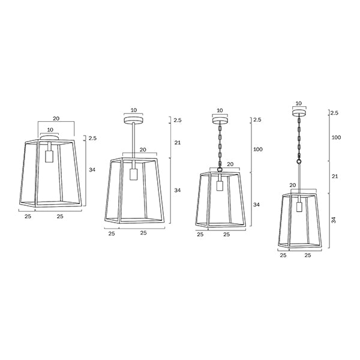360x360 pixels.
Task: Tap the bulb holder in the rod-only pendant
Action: point(134,174)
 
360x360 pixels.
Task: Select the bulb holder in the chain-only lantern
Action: point(220,184)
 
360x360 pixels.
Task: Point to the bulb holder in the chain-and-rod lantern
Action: point(298,208)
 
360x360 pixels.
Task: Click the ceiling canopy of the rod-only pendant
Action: point(133,120)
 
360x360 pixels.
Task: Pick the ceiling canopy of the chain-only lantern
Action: point(220,119)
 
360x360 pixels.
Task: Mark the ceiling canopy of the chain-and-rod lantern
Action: point(298,112)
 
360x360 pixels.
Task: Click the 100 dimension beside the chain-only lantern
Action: point(258,149)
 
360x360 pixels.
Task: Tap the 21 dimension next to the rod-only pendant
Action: point(178,142)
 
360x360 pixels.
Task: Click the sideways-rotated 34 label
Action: point(334,220)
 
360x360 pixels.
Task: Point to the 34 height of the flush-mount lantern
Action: point(92,170)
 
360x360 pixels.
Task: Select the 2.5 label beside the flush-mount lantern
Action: point(92,139)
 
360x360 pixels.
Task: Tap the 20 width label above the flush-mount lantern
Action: point(56,118)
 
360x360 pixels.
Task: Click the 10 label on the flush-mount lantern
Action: point(50,130)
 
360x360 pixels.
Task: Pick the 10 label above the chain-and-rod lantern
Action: point(298,103)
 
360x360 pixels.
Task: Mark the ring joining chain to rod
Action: point(298,161)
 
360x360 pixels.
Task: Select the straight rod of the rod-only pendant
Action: point(133,141)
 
